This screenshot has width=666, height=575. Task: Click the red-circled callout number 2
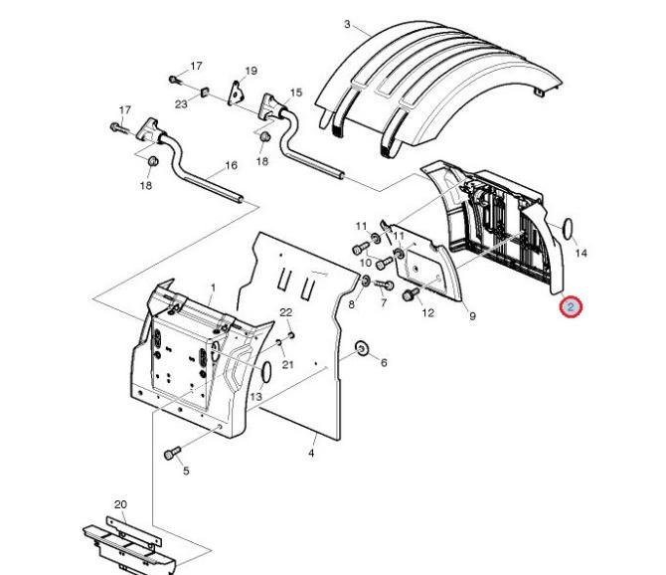point(571,307)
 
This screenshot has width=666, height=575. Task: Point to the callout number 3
point(347,24)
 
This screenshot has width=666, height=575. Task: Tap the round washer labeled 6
point(362,348)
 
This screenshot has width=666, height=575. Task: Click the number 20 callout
point(120,504)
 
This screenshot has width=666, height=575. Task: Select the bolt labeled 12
point(409,294)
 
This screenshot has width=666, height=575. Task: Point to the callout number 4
point(311,454)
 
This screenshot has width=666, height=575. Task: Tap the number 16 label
point(231,165)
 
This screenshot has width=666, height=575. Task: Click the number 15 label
point(295,93)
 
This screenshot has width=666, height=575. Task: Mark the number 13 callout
point(255,397)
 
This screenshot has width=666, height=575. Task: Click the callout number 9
point(472,316)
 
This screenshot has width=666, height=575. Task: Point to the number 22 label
point(286,312)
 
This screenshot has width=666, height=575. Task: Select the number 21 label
point(288,365)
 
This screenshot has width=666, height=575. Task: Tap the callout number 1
point(212,287)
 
